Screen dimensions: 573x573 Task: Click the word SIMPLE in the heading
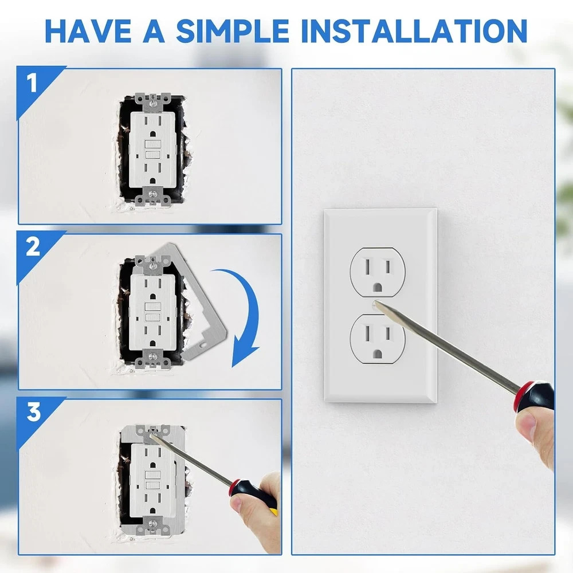point(233,31)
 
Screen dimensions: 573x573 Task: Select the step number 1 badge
point(32,83)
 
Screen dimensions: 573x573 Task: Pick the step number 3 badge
point(33,412)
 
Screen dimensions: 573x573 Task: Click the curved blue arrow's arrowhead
point(244,355)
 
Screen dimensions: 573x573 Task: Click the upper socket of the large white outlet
point(378,272)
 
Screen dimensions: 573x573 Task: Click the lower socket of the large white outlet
point(378,339)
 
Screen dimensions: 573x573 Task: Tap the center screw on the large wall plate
point(376,305)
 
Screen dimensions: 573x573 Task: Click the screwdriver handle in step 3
point(253,495)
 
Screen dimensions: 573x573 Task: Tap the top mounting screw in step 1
point(153,103)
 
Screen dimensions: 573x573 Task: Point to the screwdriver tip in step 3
point(153,434)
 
